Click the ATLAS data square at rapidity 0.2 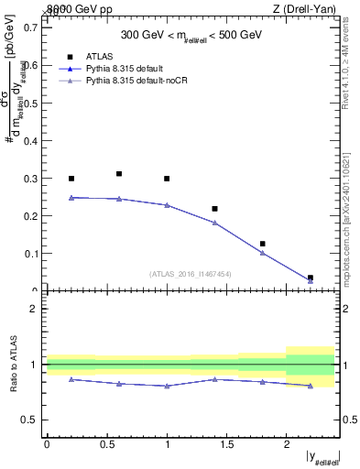tap(71, 179)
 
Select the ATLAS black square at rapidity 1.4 tap(214, 209)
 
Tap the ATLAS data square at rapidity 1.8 tap(262, 244)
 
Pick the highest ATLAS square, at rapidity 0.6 tap(119, 173)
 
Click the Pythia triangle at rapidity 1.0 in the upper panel tap(167, 205)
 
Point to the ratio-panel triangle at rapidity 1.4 tap(214, 378)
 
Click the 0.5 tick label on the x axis tap(106, 443)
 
